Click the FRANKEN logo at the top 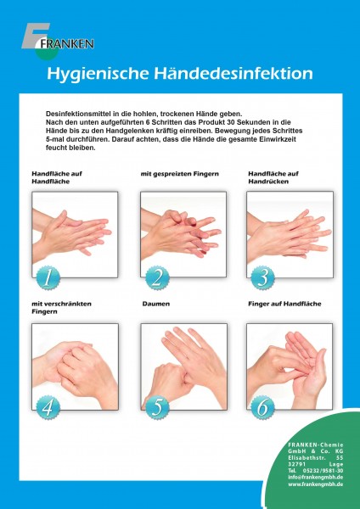[x=58, y=42]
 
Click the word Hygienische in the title [x=98, y=74]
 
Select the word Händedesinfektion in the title [x=233, y=73]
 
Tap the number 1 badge [x=48, y=277]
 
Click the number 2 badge [x=157, y=277]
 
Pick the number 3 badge [x=263, y=277]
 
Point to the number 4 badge [x=48, y=407]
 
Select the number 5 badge [x=157, y=407]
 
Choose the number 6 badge [x=263, y=407]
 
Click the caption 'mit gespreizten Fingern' [x=180, y=174]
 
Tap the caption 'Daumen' [x=156, y=304]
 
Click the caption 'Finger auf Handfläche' [x=284, y=304]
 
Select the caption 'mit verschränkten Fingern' [x=61, y=308]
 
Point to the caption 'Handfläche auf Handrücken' [x=273, y=177]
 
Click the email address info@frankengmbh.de [x=316, y=477]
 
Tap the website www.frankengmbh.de [x=316, y=484]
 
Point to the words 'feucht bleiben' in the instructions [x=70, y=148]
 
